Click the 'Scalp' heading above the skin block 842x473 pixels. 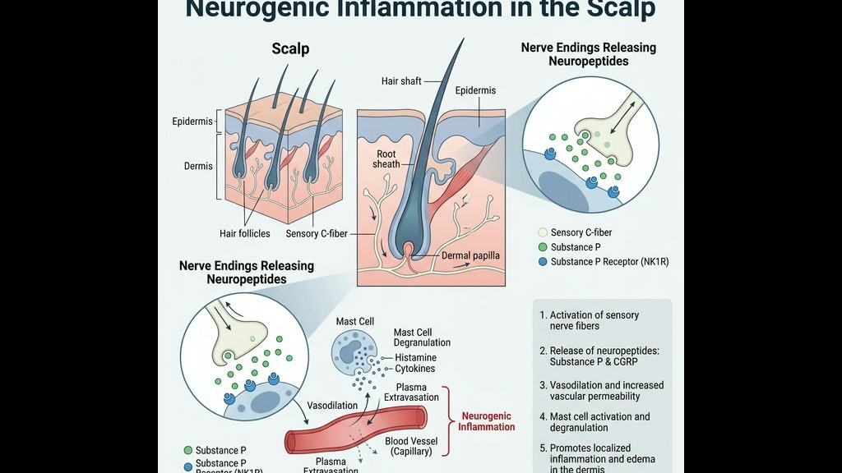point(290,49)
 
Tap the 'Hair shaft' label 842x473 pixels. point(401,81)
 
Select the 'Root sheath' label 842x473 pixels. point(386,158)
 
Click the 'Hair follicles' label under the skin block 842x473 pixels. point(244,234)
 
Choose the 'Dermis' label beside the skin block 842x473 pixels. point(198,166)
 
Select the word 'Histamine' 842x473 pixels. point(415,358)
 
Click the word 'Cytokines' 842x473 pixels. point(415,370)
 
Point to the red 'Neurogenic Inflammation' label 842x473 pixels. point(487,421)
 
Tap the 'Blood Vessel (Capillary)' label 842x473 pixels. point(411,447)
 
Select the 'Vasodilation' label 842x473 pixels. point(332,406)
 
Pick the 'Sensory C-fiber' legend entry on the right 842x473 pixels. point(581,232)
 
